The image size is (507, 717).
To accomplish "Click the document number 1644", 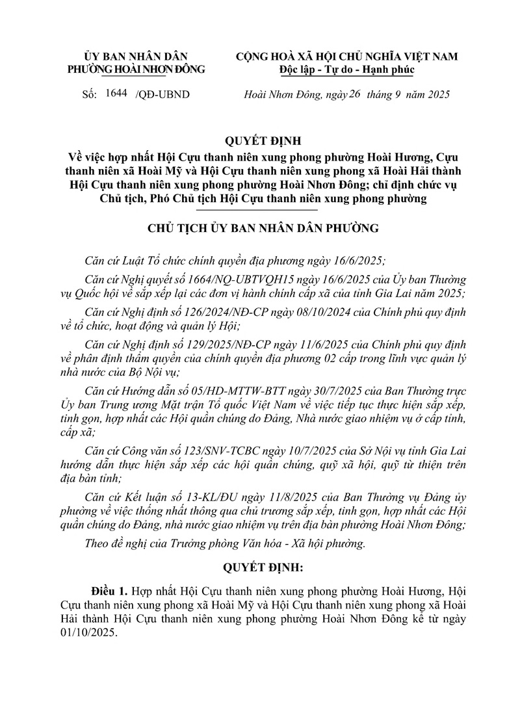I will tap(116, 94).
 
